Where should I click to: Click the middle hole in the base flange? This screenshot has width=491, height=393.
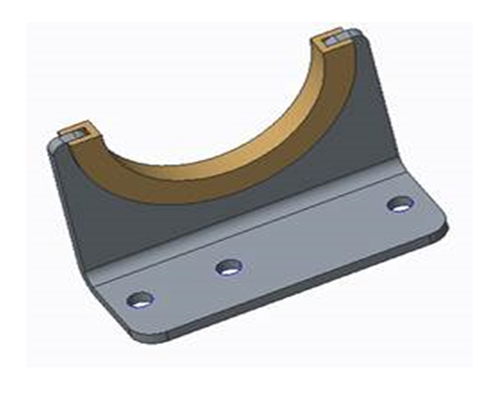pos(228,266)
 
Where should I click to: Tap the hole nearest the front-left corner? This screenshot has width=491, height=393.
pos(141,300)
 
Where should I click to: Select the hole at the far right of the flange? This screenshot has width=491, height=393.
pos(399,204)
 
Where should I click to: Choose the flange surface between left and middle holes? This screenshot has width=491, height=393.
pos(184,282)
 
